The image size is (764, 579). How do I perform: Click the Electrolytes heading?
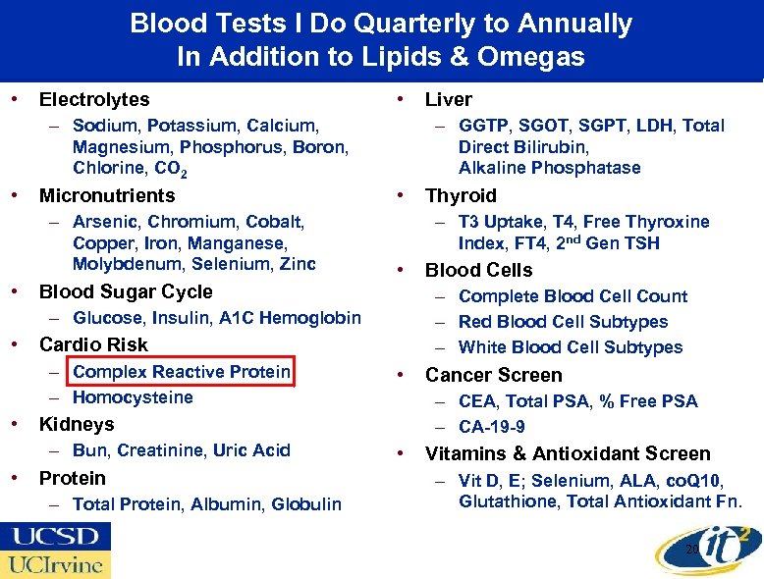pyautogui.click(x=94, y=99)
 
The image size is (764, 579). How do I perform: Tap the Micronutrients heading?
pyautogui.click(x=106, y=195)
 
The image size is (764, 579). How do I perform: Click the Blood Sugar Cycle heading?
pyautogui.click(x=125, y=291)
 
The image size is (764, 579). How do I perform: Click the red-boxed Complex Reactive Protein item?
pyautogui.click(x=181, y=372)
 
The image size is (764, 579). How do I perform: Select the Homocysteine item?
pyautogui.click(x=133, y=397)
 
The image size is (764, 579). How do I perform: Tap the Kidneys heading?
pyautogui.click(x=76, y=424)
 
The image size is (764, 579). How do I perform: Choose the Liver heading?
pyautogui.click(x=448, y=99)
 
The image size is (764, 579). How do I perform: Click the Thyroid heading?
pyautogui.click(x=461, y=195)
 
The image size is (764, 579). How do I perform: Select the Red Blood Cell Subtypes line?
pyautogui.click(x=563, y=322)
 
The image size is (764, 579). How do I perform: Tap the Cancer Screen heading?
pyautogui.click(x=493, y=375)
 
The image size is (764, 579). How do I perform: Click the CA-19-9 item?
pyautogui.click(x=491, y=427)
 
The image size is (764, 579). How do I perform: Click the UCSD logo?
pyautogui.click(x=55, y=537)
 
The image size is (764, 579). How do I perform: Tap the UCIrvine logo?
pyautogui.click(x=55, y=564)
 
